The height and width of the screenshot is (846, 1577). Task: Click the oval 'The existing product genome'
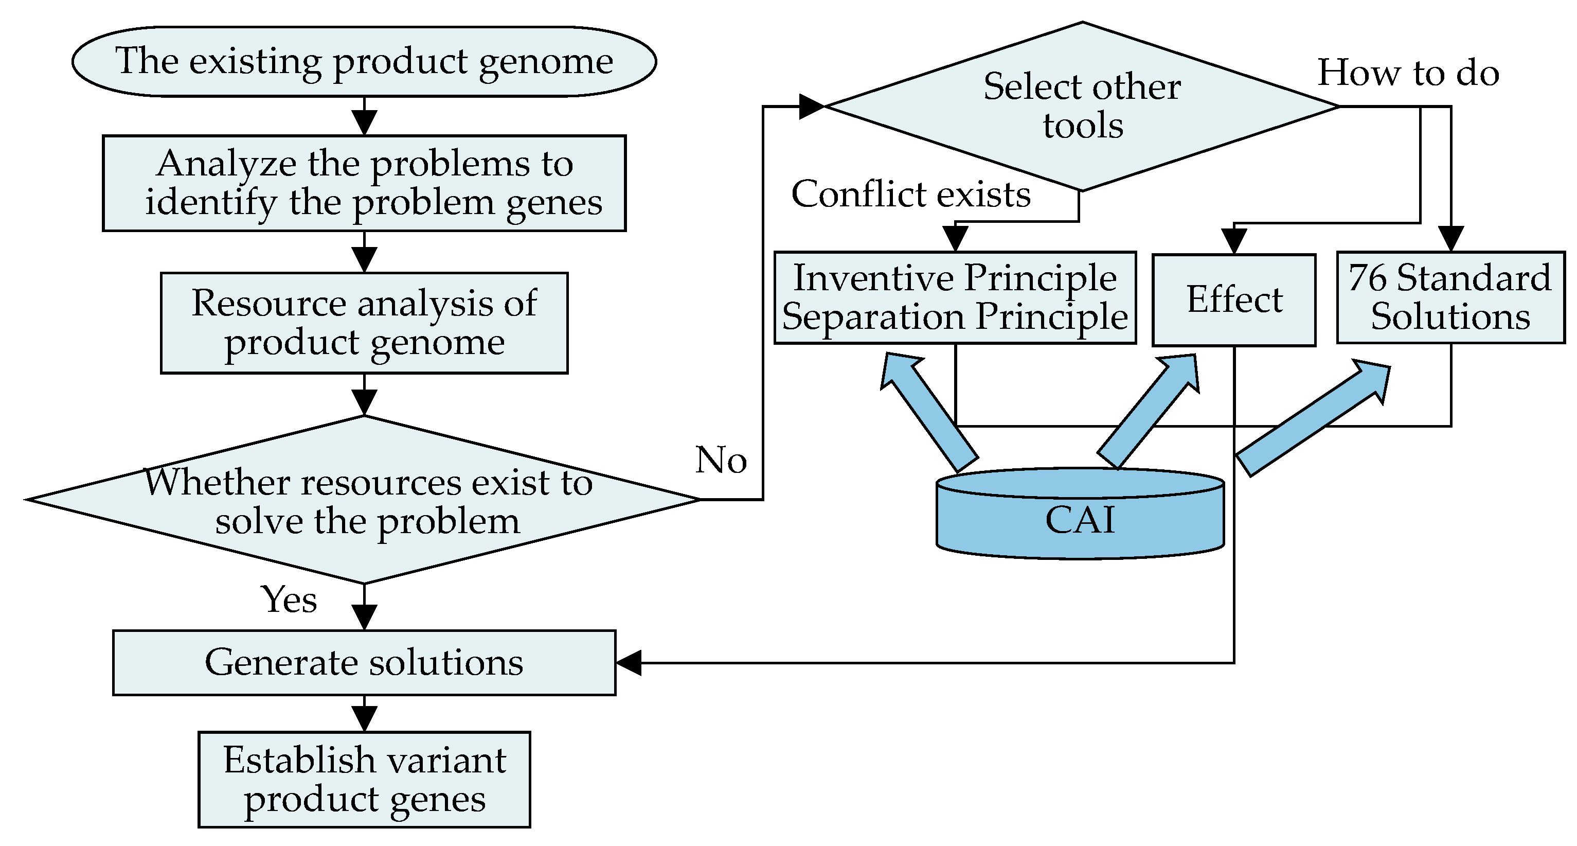[364, 61]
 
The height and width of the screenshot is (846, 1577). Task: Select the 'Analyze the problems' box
[364, 183]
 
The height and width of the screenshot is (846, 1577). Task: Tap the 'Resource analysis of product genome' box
[364, 323]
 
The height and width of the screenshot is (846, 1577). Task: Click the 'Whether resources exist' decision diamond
[364, 500]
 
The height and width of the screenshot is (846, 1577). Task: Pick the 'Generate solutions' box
[364, 663]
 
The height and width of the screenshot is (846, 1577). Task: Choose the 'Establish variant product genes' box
[364, 779]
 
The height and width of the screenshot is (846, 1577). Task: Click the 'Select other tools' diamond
[1082, 107]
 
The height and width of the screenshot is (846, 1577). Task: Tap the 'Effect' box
[1234, 300]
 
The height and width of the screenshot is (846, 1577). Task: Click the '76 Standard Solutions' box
[1451, 297]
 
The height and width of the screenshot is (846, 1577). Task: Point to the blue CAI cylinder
[1081, 514]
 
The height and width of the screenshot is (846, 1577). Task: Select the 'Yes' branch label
[289, 599]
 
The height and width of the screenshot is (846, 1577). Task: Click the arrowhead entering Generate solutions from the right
[629, 663]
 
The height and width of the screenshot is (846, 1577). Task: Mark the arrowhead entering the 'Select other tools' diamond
[812, 107]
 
